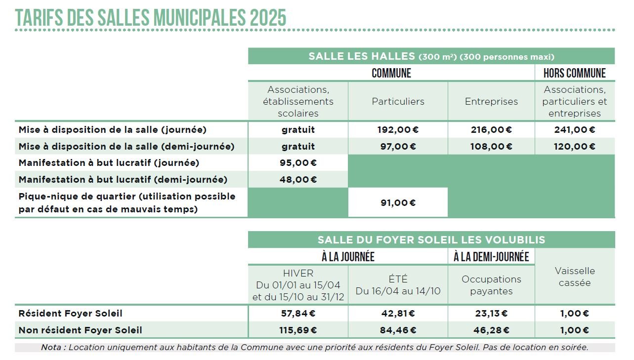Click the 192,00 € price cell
(x=397, y=130)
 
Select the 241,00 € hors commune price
(x=574, y=130)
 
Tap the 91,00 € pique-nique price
(x=397, y=202)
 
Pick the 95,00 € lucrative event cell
(x=298, y=163)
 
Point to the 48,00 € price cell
(x=298, y=180)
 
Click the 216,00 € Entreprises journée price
(x=491, y=130)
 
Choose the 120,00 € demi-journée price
(x=574, y=147)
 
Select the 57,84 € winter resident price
(x=298, y=314)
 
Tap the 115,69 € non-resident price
(x=298, y=330)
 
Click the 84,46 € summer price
(x=397, y=330)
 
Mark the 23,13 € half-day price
(x=491, y=314)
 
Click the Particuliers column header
(x=398, y=102)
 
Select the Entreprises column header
(x=491, y=102)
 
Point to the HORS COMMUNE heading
(x=574, y=73)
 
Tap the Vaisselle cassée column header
(x=575, y=277)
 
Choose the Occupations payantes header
(x=491, y=285)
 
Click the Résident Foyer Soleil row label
(x=70, y=314)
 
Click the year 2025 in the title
(x=268, y=18)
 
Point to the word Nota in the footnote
(x=52, y=347)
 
